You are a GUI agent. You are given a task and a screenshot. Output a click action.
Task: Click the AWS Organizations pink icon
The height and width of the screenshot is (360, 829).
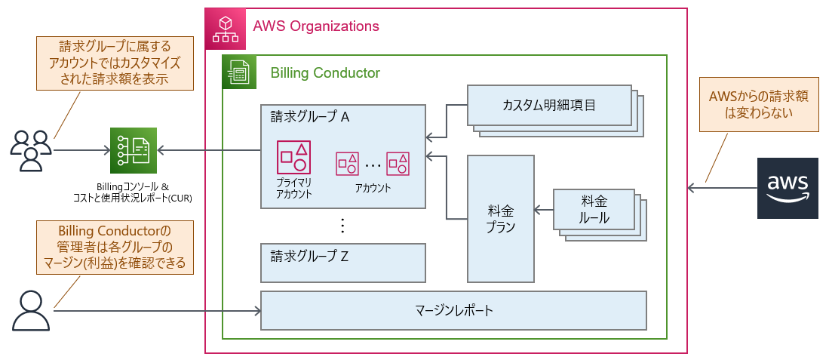pos(225,27)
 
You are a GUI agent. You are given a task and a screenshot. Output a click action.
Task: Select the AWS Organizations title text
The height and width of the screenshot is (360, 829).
pos(316,26)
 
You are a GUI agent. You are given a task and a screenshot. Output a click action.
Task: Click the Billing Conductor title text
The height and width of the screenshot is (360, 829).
pos(325,73)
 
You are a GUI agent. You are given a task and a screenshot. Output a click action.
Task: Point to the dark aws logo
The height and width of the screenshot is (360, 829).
pos(788,188)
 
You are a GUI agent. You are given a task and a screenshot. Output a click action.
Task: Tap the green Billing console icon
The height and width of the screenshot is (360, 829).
pos(134,151)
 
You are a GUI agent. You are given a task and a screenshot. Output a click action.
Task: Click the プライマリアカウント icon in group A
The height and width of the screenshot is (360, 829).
pos(292,156)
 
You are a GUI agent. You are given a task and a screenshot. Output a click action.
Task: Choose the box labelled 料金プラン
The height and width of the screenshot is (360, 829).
pos(501,218)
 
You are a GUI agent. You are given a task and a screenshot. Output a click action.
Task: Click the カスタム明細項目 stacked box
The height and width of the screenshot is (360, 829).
pos(549,105)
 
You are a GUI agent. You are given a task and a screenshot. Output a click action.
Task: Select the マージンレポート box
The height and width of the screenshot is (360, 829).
pos(453,310)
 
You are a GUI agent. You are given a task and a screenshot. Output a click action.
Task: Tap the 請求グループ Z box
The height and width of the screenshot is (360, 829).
pos(343,262)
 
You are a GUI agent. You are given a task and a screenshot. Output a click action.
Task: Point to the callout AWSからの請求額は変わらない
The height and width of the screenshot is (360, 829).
pos(757,106)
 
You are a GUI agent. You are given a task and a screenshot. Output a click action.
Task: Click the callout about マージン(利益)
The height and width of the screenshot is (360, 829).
pos(115,246)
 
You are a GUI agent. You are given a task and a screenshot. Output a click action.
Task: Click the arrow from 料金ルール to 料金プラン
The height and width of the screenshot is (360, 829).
pos(544,210)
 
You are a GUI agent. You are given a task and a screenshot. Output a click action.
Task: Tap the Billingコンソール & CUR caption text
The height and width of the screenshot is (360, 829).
pos(134,192)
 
